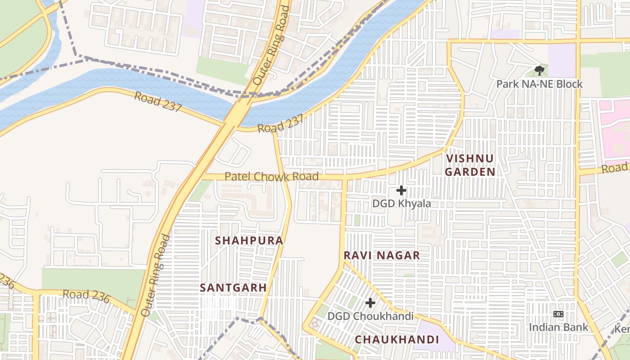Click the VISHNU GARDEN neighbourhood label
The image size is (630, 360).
[x=470, y=165]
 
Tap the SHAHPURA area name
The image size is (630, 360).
[x=249, y=240]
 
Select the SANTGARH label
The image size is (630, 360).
[x=233, y=287]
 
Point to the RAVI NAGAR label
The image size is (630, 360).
[x=382, y=255]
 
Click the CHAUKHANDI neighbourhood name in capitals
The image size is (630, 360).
[x=397, y=339]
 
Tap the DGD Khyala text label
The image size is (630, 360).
[x=401, y=203]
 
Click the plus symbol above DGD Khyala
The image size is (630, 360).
[x=401, y=190]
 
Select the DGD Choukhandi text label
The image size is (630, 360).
[x=370, y=316]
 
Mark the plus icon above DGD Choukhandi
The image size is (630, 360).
[x=370, y=303]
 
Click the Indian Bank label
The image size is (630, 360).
[x=558, y=327]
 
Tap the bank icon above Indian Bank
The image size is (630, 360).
[x=558, y=314]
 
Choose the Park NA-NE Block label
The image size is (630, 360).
[x=539, y=84]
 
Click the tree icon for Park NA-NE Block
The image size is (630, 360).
[x=539, y=71]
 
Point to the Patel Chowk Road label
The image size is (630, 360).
[x=271, y=176]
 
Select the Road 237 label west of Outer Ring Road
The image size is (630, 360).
[x=158, y=102]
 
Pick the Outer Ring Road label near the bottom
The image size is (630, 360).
[x=155, y=275]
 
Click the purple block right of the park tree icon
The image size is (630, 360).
[x=562, y=60]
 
